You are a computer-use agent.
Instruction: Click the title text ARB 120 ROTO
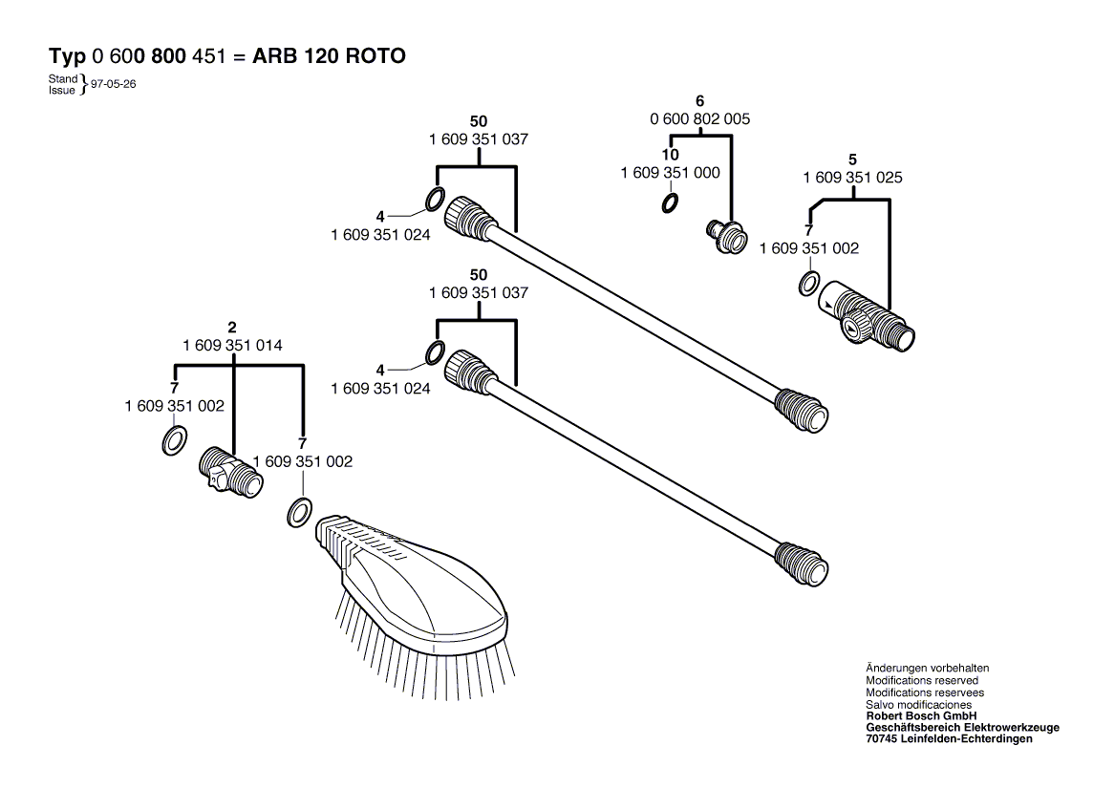[x=329, y=56]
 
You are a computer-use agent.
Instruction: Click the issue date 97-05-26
[x=113, y=84]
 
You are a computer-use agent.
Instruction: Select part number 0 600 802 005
[x=699, y=119]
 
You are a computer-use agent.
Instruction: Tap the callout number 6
[x=699, y=100]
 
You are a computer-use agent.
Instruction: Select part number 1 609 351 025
[x=853, y=178]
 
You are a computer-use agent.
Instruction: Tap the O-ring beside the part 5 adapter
[x=808, y=284]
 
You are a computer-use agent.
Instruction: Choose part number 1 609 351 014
[x=232, y=345]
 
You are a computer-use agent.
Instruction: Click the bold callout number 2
[x=232, y=329]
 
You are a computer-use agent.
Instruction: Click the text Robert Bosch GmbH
[x=921, y=715]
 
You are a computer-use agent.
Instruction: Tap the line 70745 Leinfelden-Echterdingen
[x=949, y=738]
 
